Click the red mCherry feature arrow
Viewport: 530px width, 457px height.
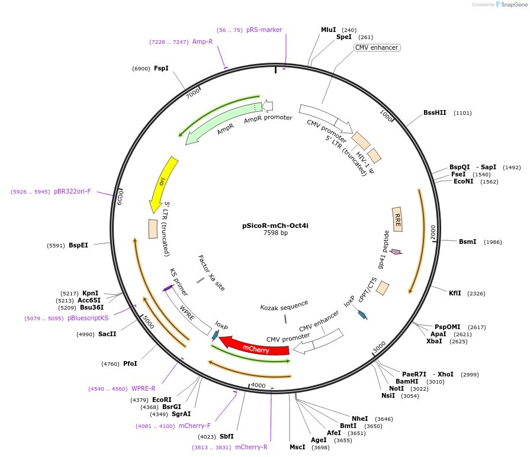pyautogui.click(x=255, y=347)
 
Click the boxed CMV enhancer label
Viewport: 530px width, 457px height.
pyautogui.click(x=377, y=47)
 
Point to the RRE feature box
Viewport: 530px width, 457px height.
pyautogui.click(x=397, y=219)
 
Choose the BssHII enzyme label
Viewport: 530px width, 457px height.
pyautogui.click(x=435, y=112)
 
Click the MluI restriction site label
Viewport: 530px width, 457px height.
pyautogui.click(x=328, y=30)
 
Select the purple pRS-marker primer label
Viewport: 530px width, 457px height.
pyautogui.click(x=264, y=30)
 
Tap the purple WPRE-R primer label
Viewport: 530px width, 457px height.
pyautogui.click(x=143, y=388)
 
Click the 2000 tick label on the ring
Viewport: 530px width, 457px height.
pyautogui.click(x=433, y=232)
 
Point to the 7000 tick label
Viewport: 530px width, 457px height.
pyautogui.click(x=193, y=94)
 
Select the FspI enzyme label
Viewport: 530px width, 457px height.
pyautogui.click(x=161, y=68)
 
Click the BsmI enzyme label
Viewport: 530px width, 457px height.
pyautogui.click(x=467, y=242)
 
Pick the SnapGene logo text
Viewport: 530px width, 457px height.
pyautogui.click(x=513, y=4)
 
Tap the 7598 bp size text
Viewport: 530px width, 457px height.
pyautogui.click(x=275, y=233)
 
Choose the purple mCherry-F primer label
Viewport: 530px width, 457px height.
pyautogui.click(x=195, y=426)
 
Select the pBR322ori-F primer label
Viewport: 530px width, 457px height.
pyautogui.click(x=72, y=191)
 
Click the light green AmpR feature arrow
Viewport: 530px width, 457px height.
pyautogui.click(x=219, y=121)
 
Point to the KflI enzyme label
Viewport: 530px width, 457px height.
pyautogui.click(x=455, y=293)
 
